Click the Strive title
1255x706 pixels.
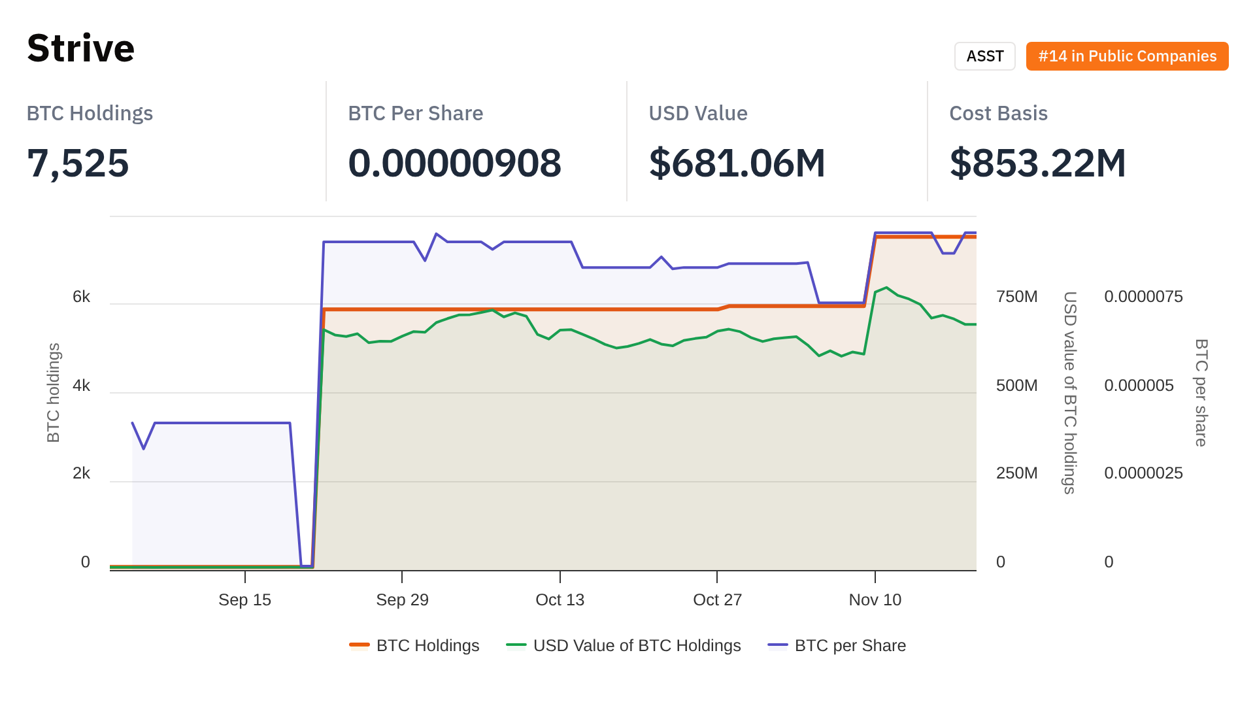click(x=81, y=48)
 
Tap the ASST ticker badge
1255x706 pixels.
click(x=984, y=56)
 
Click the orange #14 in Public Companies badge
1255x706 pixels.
click(x=1127, y=56)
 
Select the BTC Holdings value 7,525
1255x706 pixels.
click(x=78, y=163)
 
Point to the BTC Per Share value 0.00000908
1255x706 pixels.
click(x=454, y=163)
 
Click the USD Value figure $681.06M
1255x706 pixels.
click(x=737, y=163)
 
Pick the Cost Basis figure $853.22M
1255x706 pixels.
click(x=1037, y=163)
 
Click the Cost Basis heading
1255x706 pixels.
click(x=998, y=113)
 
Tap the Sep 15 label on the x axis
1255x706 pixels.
click(x=244, y=599)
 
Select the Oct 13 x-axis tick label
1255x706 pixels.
click(x=560, y=599)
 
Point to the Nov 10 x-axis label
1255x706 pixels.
click(x=875, y=599)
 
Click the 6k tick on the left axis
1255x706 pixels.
click(x=81, y=297)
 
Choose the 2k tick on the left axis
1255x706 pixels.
click(x=81, y=473)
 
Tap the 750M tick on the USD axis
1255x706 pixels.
click(x=1016, y=297)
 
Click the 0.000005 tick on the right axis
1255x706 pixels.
click(x=1139, y=386)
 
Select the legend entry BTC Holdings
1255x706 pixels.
click(x=427, y=645)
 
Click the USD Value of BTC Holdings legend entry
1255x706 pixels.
click(x=637, y=645)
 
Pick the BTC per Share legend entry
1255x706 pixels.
click(x=850, y=645)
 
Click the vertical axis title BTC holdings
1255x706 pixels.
click(x=54, y=392)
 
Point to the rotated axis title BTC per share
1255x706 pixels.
click(x=1201, y=392)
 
